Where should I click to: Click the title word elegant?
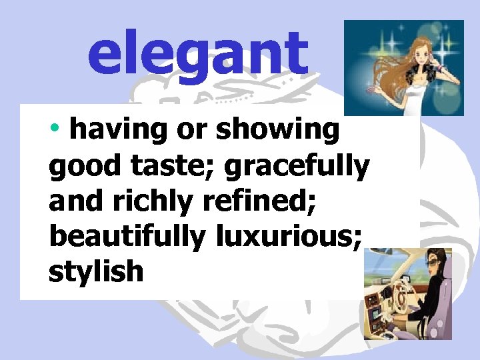coord(198,55)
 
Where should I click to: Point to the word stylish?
coord(95,271)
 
